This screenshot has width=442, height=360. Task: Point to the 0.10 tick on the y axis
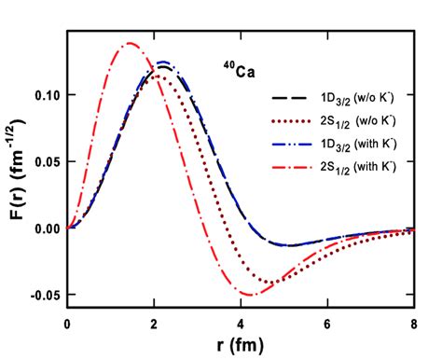(44, 95)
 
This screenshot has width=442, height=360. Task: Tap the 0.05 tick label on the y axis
(44, 161)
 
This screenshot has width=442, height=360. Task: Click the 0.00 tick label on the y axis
(44, 228)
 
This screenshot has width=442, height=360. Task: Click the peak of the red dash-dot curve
(130, 43)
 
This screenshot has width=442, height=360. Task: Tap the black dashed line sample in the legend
(290, 97)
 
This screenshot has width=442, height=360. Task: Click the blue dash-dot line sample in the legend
(290, 144)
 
